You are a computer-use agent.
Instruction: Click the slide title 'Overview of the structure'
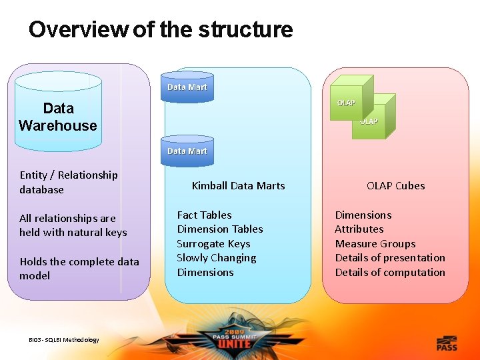click(x=161, y=29)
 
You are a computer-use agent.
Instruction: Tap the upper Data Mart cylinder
click(x=187, y=87)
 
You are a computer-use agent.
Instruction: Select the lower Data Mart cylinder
click(x=187, y=151)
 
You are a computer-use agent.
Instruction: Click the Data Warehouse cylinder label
click(x=58, y=117)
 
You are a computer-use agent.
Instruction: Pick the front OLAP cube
click(x=347, y=100)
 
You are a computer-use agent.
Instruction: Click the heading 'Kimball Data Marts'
click(x=238, y=186)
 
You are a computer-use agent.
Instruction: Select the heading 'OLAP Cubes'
click(x=395, y=186)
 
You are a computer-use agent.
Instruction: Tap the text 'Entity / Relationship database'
click(x=69, y=182)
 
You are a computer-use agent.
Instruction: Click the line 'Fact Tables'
click(x=204, y=215)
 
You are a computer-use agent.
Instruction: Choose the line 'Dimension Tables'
click(x=220, y=229)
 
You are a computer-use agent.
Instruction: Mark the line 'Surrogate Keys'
click(x=213, y=244)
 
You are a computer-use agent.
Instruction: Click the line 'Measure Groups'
click(x=375, y=244)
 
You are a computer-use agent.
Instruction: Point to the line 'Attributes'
click(x=359, y=229)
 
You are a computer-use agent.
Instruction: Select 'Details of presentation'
click(x=390, y=258)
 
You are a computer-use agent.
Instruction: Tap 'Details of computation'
click(x=390, y=273)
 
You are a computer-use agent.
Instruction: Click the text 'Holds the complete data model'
click(x=79, y=269)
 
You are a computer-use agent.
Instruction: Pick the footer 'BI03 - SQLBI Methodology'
click(x=64, y=340)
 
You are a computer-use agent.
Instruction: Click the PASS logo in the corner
click(x=447, y=343)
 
